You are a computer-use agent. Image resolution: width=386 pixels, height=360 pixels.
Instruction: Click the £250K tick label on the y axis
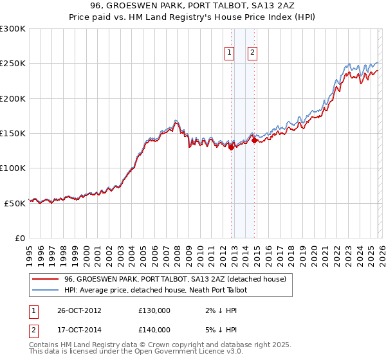[13, 64]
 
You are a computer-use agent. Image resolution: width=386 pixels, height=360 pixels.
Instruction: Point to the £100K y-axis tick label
[13, 168]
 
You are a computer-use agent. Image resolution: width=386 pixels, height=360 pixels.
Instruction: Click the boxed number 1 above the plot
[230, 53]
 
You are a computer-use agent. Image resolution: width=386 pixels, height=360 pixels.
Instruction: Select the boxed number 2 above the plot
[253, 53]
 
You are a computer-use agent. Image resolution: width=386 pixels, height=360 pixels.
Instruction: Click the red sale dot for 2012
[231, 147]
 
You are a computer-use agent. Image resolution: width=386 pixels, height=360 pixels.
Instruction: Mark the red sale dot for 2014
[254, 140]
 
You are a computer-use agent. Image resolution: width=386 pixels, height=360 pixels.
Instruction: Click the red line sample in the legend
[45, 279]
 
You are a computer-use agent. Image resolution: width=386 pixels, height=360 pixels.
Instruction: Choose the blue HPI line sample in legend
[45, 290]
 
